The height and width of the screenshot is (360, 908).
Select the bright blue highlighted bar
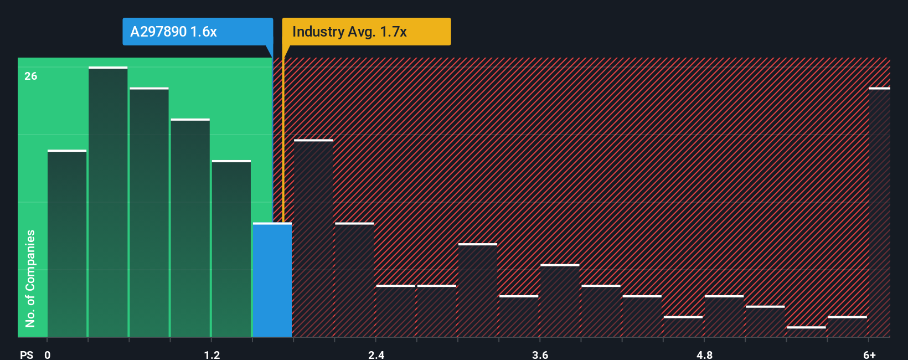[x=272, y=280]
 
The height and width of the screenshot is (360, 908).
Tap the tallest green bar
[x=108, y=202]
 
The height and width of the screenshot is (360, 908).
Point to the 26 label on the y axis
[x=31, y=76]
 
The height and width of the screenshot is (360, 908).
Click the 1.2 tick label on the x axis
[x=212, y=354]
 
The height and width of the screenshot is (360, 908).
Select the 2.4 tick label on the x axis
[x=376, y=354]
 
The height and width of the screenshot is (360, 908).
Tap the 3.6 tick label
[x=540, y=354]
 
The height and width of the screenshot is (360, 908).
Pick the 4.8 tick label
[x=704, y=354]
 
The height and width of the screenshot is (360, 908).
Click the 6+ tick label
[x=869, y=354]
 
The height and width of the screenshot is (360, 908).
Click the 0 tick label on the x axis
[x=48, y=354]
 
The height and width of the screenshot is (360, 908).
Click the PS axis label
[x=27, y=354]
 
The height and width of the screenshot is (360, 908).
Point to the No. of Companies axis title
[x=30, y=278]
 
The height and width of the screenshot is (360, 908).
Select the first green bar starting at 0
[x=67, y=244]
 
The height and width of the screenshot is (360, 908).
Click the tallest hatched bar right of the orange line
[x=313, y=238]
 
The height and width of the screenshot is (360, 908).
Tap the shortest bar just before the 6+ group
[x=806, y=332]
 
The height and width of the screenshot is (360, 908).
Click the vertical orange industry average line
[x=283, y=138]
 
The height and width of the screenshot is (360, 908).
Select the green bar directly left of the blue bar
[x=231, y=249]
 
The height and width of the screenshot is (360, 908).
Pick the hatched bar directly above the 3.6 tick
[x=560, y=301]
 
